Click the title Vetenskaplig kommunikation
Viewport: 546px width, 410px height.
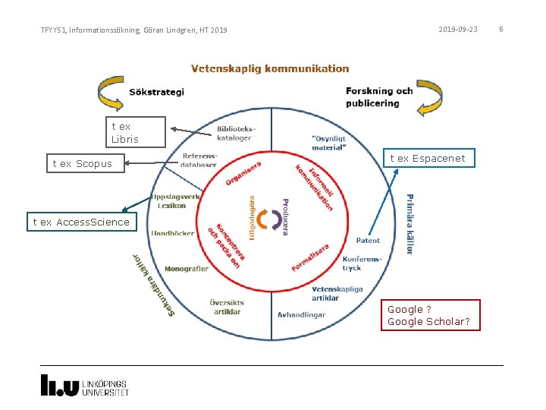point(270,69)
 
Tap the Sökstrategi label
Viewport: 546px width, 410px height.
point(157,93)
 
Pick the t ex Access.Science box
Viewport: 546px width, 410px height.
point(81,222)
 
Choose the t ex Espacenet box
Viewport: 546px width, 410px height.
point(428,158)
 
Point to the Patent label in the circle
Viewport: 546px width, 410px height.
point(368,241)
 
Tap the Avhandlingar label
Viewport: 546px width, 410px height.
point(301,314)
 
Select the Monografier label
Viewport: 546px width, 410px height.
point(186,269)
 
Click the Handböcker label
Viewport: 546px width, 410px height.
point(172,234)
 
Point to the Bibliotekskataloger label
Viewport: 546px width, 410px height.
point(236,134)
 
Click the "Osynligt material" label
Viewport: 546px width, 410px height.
point(328,143)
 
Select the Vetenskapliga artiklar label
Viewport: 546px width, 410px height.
point(337,294)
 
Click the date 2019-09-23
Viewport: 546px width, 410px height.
point(458,30)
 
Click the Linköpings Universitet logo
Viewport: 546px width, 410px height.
point(84,385)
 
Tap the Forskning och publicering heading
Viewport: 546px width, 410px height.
point(379,96)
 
